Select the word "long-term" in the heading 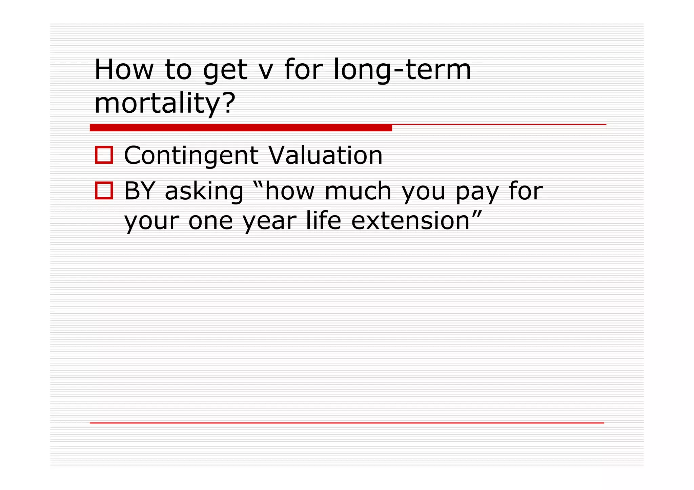point(402,70)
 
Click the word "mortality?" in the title point(165,103)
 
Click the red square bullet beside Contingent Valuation point(104,155)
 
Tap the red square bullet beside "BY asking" point(104,191)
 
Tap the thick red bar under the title point(241,128)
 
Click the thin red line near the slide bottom point(346,423)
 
